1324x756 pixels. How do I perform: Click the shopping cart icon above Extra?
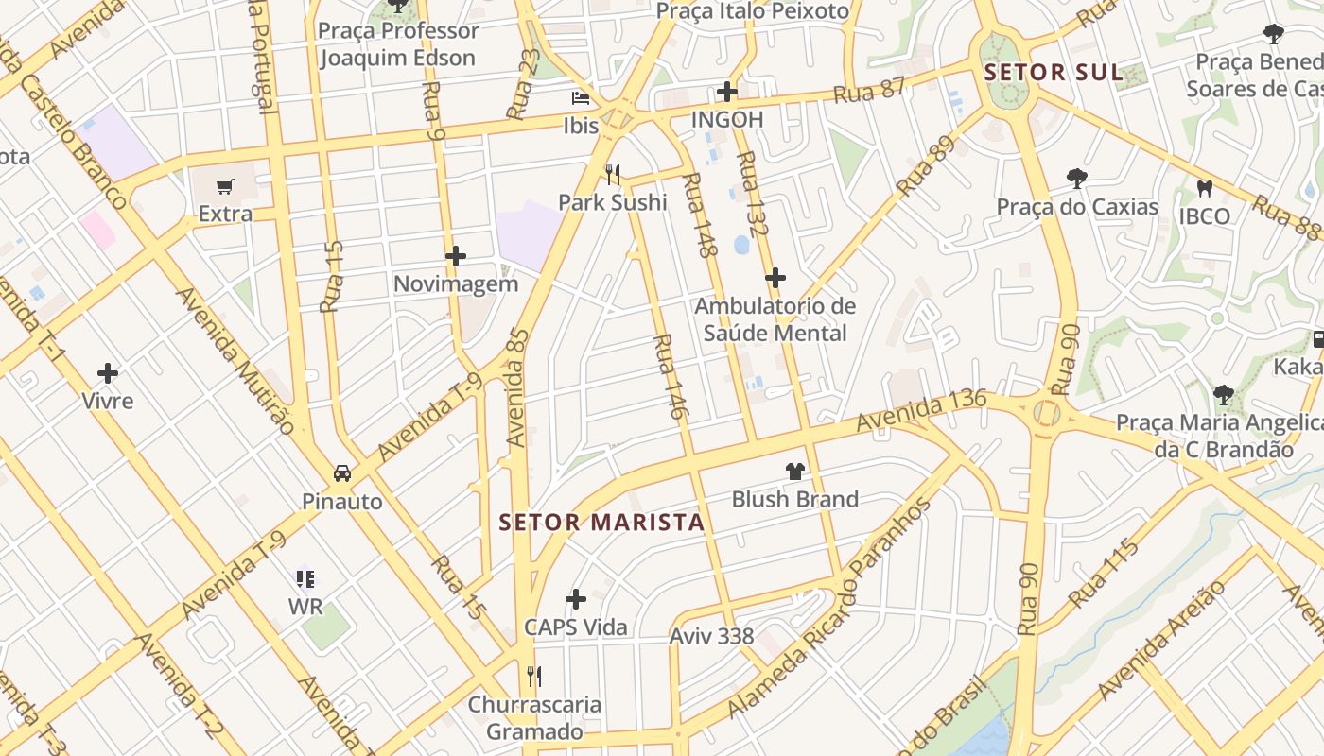[x=224, y=186]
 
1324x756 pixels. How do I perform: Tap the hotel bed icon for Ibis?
[x=580, y=98]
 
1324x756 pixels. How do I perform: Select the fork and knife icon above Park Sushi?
[x=613, y=174]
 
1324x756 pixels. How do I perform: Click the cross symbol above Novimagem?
[x=456, y=256]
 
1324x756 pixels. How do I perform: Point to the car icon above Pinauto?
[x=341, y=473]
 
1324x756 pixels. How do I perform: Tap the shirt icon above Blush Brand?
[x=794, y=471]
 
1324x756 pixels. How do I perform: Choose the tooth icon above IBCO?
[x=1204, y=188]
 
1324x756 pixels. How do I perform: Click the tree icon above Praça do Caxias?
[x=1076, y=178]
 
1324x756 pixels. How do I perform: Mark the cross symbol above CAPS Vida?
[x=575, y=599]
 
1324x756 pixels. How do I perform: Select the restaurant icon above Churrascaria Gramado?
[x=534, y=676]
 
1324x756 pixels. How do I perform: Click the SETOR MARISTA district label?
[x=601, y=523]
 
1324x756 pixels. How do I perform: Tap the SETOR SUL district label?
[x=1054, y=73]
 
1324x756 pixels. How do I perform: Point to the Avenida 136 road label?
[x=921, y=411]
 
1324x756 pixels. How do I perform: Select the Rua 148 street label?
[x=700, y=215]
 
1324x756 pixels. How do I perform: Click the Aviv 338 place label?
[x=711, y=637]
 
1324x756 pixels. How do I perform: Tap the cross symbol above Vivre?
[x=108, y=373]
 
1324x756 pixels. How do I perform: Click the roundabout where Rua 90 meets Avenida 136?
[x=1046, y=413]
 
